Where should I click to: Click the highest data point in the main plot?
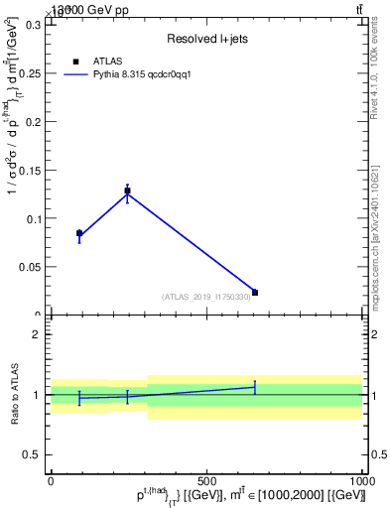(x=127, y=190)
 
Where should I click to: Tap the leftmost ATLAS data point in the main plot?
(x=79, y=233)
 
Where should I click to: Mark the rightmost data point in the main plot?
(x=255, y=293)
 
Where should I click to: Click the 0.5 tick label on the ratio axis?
(x=31, y=454)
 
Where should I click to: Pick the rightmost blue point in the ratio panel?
(x=255, y=387)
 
